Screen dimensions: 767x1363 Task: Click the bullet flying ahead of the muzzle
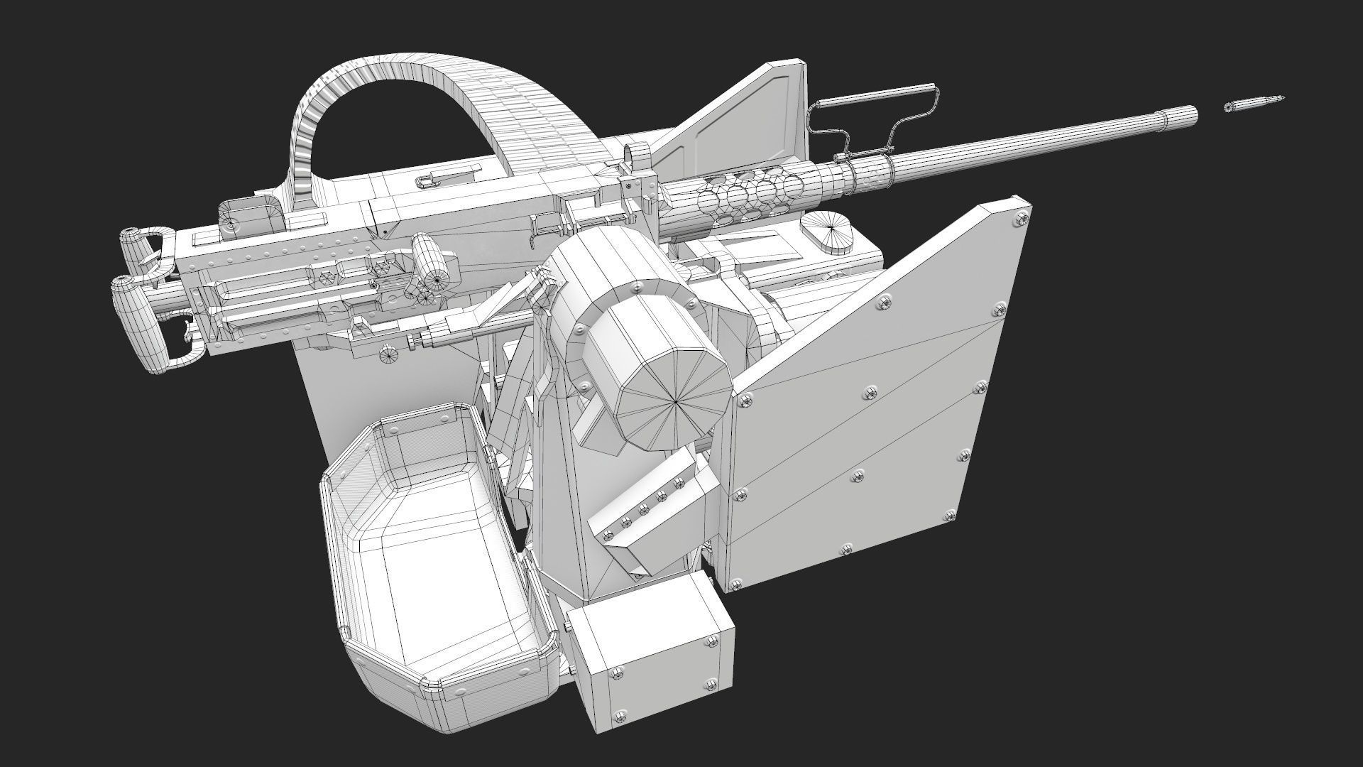click(1254, 104)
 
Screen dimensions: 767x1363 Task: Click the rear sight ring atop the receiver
click(637, 154)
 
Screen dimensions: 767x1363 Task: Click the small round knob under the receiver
click(389, 355)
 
